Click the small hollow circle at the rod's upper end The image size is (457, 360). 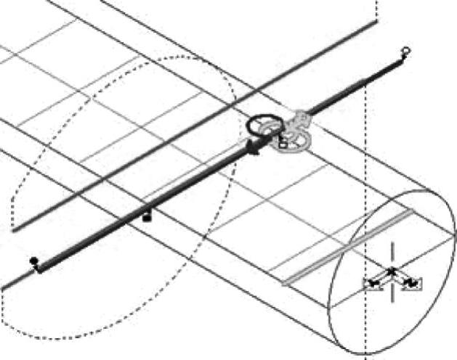click(405, 51)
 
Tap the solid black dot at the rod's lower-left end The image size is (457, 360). click(33, 261)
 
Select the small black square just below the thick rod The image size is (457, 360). click(147, 216)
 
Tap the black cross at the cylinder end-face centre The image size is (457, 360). click(392, 271)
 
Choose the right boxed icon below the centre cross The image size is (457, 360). click(411, 283)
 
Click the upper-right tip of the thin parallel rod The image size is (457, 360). click(376, 22)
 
